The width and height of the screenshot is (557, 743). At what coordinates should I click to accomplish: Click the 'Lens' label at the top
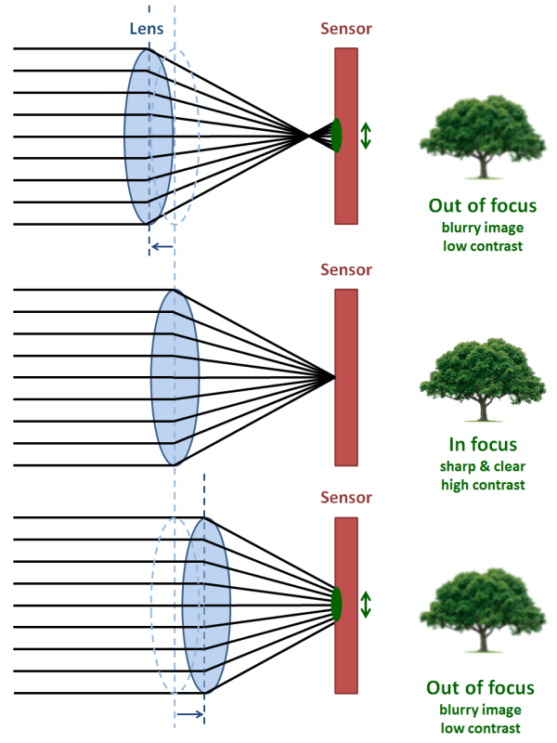(x=146, y=29)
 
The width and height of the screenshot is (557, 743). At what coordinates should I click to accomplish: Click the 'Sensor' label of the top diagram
(x=346, y=29)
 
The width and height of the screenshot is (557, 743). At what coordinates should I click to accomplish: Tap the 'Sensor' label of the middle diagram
(x=346, y=270)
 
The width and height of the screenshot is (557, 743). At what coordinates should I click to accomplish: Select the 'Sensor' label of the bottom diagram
(x=346, y=497)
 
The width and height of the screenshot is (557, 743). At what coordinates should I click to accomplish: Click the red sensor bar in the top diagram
(x=346, y=186)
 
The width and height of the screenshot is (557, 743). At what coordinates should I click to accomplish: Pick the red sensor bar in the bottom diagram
(x=346, y=650)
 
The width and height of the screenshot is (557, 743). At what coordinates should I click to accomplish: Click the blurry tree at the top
(x=480, y=139)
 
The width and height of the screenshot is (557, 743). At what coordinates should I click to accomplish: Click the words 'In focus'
(x=480, y=445)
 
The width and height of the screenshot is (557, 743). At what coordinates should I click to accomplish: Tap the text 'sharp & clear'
(x=480, y=466)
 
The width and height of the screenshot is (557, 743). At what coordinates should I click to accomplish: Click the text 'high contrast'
(x=480, y=485)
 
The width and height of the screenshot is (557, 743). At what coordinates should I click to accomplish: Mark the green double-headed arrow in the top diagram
(x=366, y=136)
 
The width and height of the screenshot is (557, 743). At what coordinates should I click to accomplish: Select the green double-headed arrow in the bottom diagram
(x=366, y=605)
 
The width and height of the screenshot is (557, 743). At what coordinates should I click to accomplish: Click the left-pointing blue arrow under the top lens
(x=161, y=246)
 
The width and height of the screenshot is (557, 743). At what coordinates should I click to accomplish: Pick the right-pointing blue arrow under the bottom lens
(x=189, y=714)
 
